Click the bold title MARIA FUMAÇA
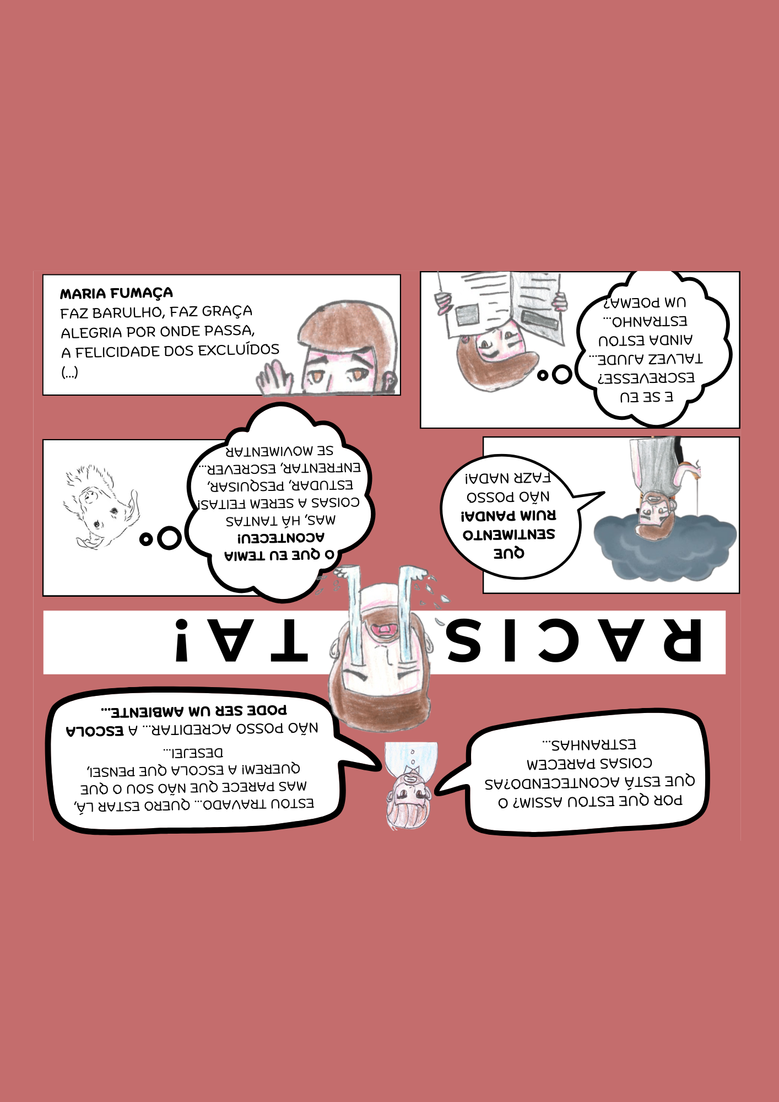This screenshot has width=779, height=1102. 116,293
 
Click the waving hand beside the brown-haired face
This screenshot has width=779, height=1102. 275,379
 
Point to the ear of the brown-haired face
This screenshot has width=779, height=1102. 389,379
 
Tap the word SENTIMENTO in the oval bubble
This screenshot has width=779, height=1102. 508,534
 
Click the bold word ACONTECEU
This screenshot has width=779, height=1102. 281,537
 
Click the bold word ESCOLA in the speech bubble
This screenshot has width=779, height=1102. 95,731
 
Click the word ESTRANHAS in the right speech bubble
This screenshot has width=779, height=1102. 589,745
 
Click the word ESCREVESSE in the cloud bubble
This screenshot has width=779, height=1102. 646,378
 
